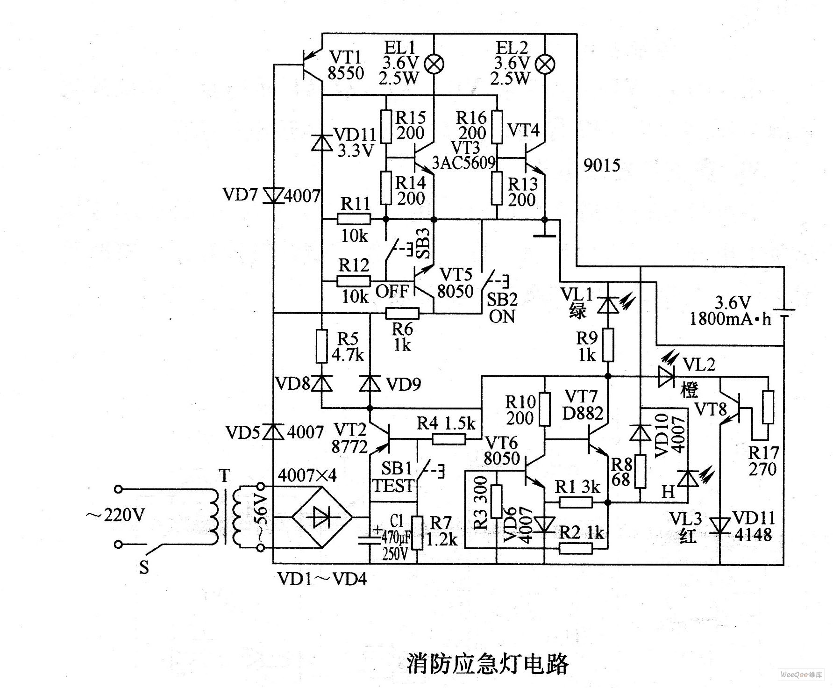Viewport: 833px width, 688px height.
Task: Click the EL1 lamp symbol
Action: click(434, 64)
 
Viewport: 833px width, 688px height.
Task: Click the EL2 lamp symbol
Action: click(545, 64)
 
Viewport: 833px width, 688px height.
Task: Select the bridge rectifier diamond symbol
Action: click(322, 517)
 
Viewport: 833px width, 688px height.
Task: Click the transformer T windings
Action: click(227, 517)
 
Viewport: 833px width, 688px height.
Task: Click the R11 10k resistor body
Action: click(354, 219)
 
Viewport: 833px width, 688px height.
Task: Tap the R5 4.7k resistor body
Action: click(321, 346)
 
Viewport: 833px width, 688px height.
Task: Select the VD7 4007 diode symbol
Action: click(273, 195)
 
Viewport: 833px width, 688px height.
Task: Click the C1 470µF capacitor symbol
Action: click(369, 540)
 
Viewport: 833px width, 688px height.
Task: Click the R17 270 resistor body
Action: click(768, 407)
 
